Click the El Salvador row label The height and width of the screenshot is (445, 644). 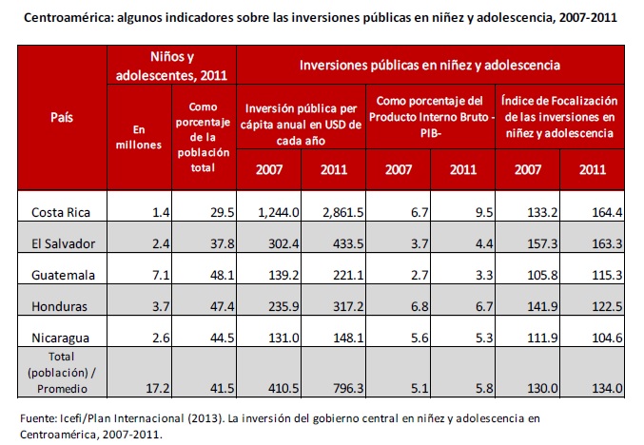click(x=63, y=243)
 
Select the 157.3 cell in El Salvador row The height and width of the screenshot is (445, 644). click(x=527, y=243)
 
